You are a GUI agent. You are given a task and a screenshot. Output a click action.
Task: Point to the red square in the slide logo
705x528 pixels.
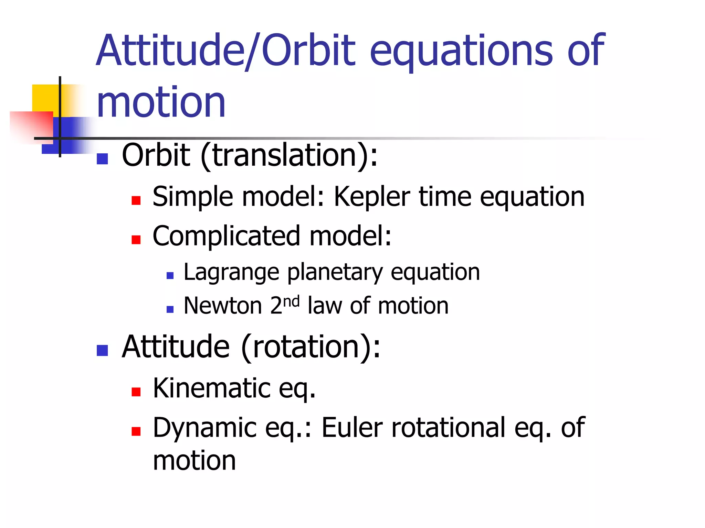31,125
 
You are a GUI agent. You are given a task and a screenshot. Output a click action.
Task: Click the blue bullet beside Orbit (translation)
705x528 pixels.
102,159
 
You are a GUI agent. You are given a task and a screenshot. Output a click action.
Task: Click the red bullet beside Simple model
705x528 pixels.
136,200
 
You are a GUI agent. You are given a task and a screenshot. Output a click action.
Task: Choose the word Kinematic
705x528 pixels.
212,388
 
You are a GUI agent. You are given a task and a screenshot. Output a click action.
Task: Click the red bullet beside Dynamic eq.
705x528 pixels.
136,431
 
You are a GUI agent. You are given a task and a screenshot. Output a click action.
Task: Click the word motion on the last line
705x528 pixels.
194,461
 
